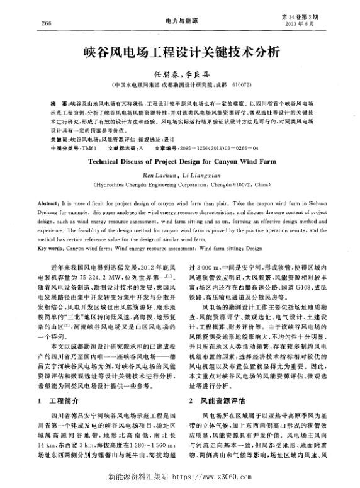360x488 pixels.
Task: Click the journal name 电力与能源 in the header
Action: [x=179, y=21]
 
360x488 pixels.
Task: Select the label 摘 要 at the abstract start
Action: [x=60, y=101]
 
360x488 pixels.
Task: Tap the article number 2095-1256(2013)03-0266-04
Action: [x=216, y=149]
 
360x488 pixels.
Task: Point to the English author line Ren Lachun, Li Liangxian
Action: [x=179, y=174]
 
